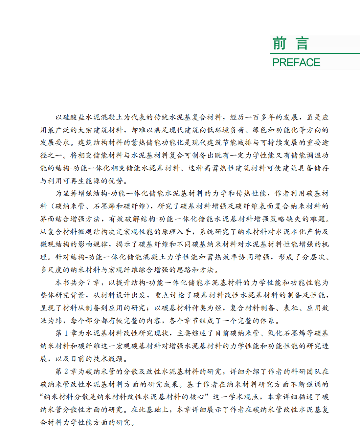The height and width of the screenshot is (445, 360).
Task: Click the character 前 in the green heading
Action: [x=279, y=44]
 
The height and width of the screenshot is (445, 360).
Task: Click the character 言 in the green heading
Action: [x=302, y=44]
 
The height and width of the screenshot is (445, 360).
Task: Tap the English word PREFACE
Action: [x=296, y=62]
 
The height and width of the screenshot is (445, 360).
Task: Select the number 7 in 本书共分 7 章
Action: [x=89, y=283]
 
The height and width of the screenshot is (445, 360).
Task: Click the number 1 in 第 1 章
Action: [x=66, y=333]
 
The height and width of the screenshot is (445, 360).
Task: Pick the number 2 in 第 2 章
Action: [x=66, y=371]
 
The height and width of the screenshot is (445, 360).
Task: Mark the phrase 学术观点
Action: [x=245, y=397]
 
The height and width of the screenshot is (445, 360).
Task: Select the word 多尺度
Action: [x=51, y=270]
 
